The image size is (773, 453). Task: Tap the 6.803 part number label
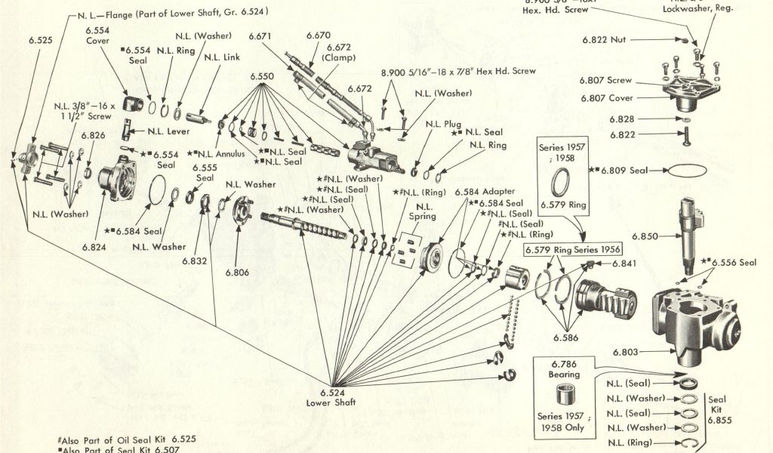626,352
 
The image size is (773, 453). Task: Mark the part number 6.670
319,35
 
